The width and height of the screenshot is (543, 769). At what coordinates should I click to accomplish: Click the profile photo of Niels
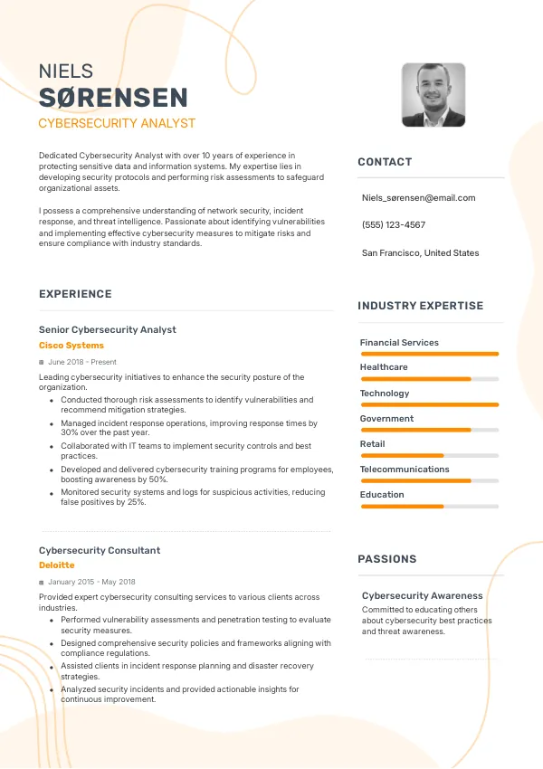433,95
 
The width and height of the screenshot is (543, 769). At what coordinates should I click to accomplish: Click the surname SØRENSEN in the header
114,99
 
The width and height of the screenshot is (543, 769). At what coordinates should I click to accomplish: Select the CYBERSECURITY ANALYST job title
117,123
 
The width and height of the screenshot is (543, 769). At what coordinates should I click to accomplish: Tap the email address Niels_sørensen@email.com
418,197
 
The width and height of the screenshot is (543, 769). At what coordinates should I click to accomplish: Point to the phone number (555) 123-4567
394,224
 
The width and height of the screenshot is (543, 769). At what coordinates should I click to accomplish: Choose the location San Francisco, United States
421,253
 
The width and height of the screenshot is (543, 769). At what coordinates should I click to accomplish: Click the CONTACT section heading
385,162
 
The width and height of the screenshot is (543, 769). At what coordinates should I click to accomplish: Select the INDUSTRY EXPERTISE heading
421,306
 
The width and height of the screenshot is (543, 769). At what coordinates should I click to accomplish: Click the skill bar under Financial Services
429,354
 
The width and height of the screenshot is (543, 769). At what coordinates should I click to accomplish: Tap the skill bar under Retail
429,455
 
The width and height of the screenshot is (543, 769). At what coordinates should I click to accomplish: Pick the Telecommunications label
405,470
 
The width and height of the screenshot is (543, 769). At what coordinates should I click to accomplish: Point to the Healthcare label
384,367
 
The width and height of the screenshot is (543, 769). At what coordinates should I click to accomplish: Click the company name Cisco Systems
71,346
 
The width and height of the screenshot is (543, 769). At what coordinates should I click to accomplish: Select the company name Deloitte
57,565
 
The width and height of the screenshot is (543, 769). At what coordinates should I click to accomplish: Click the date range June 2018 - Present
82,362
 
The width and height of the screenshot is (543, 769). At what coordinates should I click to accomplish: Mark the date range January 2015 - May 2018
91,582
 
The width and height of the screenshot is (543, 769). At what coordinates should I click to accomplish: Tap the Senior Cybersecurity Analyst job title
108,330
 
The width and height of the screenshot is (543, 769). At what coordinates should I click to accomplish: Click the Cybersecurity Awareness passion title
423,596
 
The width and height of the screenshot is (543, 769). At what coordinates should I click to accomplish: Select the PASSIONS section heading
387,559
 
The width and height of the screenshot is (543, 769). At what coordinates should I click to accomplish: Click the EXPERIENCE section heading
75,294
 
